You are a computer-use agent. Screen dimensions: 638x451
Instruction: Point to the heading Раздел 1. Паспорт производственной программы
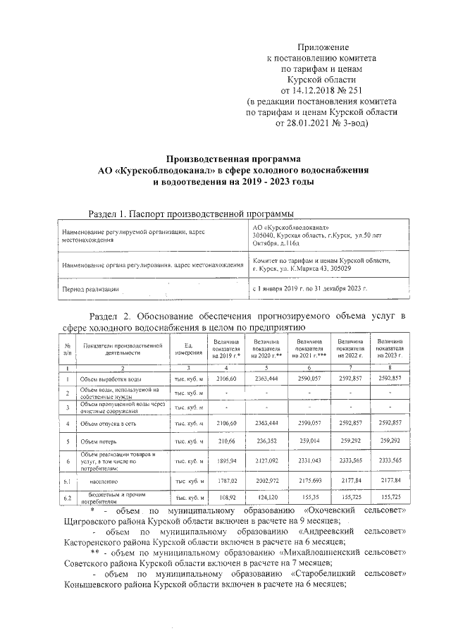(x=190, y=214)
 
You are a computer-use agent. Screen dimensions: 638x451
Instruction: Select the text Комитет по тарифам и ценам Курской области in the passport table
(x=321, y=260)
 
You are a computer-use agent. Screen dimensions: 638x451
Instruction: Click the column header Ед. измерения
(x=188, y=349)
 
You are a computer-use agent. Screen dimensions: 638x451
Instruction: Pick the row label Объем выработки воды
(x=111, y=379)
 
